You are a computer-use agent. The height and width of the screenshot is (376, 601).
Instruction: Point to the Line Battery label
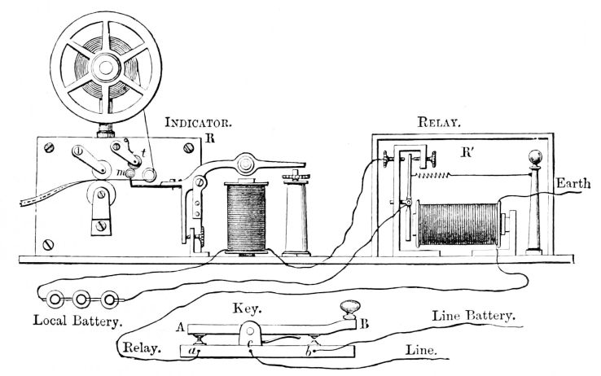pos(477,313)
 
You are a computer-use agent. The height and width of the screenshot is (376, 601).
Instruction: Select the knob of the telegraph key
pos(349,308)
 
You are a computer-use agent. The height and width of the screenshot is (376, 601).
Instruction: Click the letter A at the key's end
pos(178,326)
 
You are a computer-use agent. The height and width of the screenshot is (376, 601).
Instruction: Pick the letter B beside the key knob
pos(364,323)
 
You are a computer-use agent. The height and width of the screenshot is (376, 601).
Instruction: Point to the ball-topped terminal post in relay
pos(534,160)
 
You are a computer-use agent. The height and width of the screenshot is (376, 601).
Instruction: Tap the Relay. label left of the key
pos(139,349)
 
